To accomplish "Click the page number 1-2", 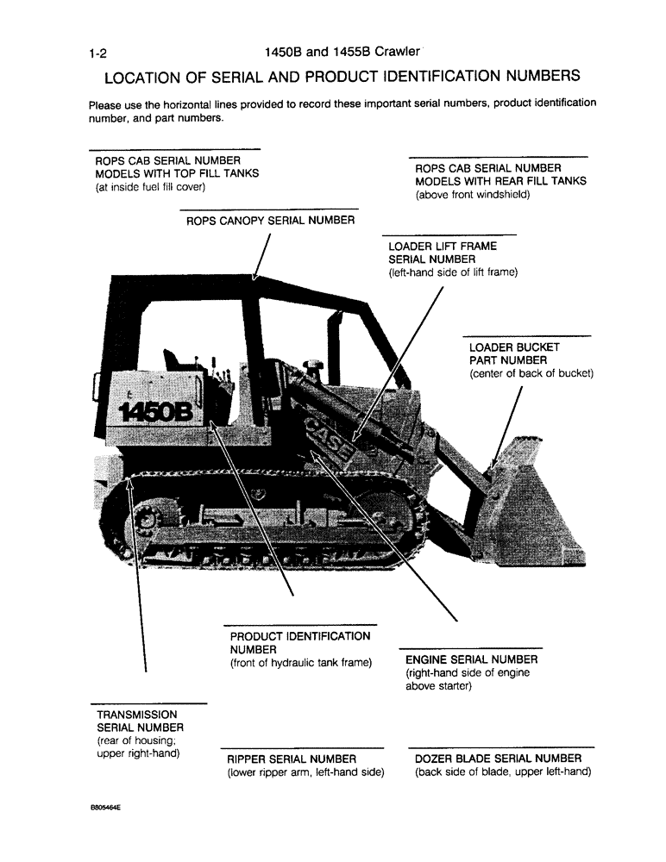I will (x=97, y=54).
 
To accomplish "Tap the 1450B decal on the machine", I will (x=156, y=410).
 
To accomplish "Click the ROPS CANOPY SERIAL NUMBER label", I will (x=270, y=221).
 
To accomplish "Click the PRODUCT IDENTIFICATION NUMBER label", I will (x=299, y=642).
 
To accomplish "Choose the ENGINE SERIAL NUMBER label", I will (x=471, y=660).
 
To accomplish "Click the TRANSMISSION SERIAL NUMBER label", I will (x=137, y=721).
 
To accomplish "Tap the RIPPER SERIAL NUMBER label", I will (x=280, y=759).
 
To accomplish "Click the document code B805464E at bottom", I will (x=104, y=810).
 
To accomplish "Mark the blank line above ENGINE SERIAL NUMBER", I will (x=470, y=647).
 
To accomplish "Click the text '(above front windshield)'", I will (x=472, y=195).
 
